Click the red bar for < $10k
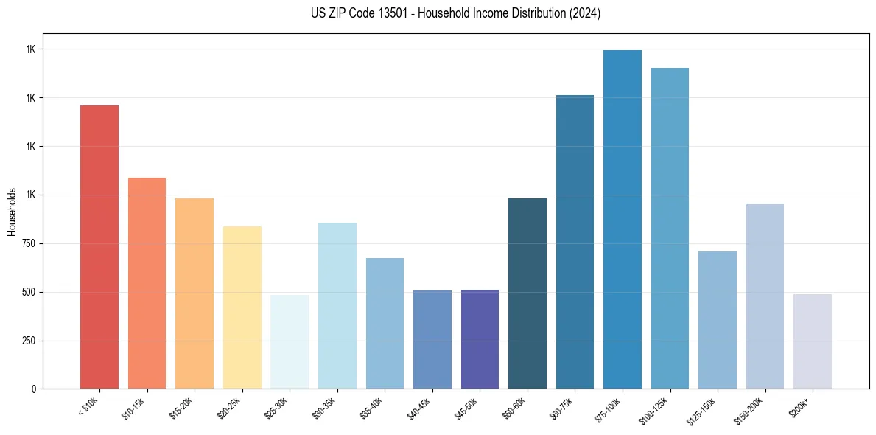coord(99,247)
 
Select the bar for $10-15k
coord(147,283)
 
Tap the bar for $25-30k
coord(290,341)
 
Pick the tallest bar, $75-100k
coord(623,219)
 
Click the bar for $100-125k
coord(670,228)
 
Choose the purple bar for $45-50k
coord(480,339)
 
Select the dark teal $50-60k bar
coord(528,293)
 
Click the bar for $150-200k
coord(765,296)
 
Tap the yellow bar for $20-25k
coord(242,307)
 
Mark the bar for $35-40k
coord(385,323)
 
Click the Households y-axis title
coord(12,212)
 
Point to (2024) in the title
coord(585,13)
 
